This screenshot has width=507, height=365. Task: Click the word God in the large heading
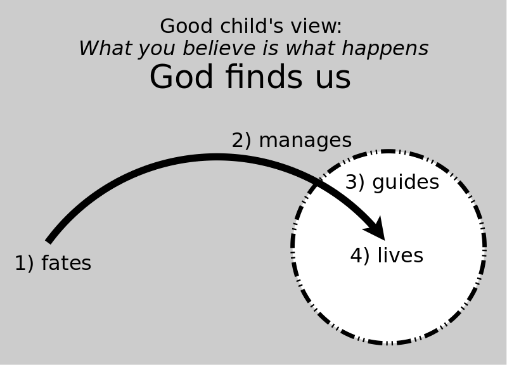tap(181, 77)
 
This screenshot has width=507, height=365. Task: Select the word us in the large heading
tap(333, 79)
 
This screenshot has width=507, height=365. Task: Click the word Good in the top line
tap(186, 26)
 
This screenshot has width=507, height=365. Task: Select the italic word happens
tap(385, 49)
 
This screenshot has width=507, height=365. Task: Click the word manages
tap(305, 141)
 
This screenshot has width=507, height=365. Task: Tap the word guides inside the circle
tap(406, 182)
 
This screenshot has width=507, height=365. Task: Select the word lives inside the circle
tap(401, 255)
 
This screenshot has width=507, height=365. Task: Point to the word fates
tap(67, 263)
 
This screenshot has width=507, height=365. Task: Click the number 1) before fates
tap(24, 263)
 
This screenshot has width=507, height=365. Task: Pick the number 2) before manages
tap(241, 141)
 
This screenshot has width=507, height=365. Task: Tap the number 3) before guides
tap(355, 182)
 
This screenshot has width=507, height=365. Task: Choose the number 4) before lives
tap(359, 255)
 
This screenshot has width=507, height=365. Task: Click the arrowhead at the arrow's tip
tap(385, 240)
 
